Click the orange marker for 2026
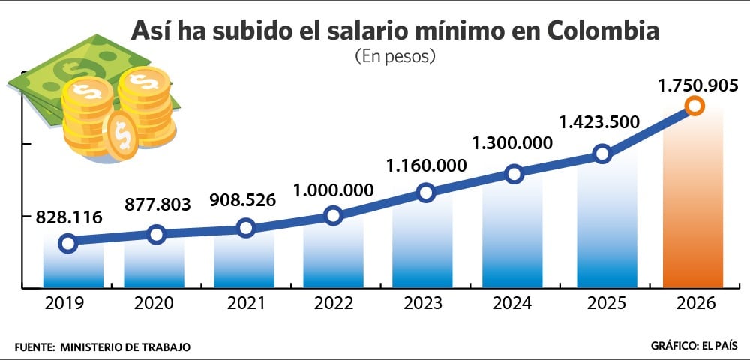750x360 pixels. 694,106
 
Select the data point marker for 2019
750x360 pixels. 67,242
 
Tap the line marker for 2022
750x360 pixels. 334,216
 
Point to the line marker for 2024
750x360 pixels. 514,174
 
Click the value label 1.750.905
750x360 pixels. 698,85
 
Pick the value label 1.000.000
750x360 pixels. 335,190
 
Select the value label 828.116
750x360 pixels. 68,217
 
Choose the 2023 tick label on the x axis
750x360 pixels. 424,303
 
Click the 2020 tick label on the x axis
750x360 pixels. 154,303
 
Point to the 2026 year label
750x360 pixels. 694,303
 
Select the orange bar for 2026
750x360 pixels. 694,210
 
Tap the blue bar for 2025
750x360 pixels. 604,225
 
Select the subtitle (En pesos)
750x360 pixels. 394,56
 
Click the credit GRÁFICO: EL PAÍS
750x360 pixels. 694,346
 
